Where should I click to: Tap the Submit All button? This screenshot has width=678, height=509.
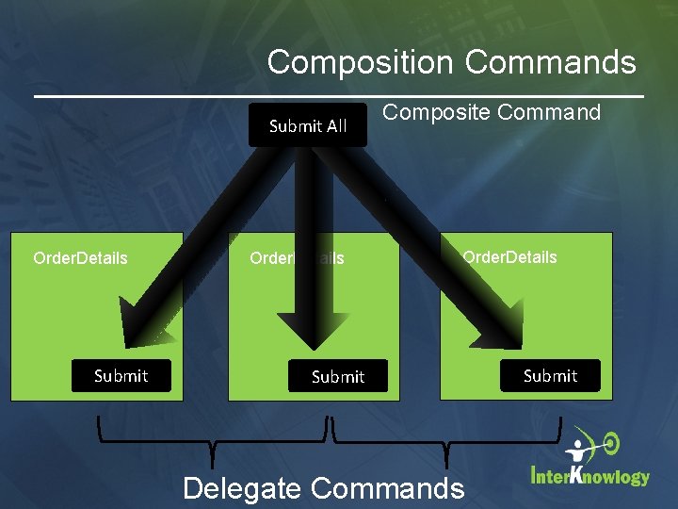tap(308, 125)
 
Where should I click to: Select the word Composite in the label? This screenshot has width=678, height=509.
tap(436, 113)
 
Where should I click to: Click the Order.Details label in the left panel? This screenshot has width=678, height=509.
tap(80, 257)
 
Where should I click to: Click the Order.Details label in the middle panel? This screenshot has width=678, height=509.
tap(297, 257)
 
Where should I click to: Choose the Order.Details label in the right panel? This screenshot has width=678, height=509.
tap(509, 256)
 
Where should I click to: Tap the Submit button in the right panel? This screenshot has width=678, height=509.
tap(550, 376)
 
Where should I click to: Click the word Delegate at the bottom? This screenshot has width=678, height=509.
tap(242, 488)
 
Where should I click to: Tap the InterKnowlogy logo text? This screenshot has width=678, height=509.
tap(590, 475)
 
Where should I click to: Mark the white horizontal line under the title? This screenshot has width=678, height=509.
tap(339, 96)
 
